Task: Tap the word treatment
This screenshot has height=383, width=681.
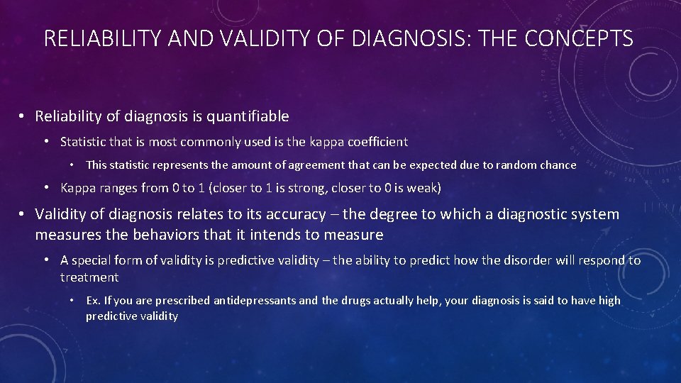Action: point(89,277)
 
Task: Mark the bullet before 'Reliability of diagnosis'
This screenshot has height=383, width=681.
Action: point(23,116)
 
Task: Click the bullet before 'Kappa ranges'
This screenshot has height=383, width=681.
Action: point(48,188)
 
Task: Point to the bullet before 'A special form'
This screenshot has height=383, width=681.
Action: point(48,260)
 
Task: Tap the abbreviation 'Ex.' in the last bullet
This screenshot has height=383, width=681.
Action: point(93,301)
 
